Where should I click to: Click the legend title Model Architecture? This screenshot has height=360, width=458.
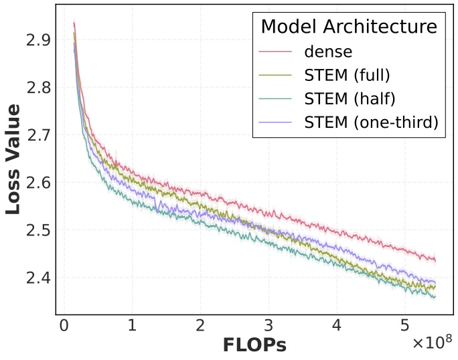348,27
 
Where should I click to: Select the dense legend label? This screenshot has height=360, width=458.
327,52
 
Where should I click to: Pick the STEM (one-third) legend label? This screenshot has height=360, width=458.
371,122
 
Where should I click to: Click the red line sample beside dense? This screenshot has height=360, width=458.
276,52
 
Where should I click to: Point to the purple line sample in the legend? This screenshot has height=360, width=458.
276,122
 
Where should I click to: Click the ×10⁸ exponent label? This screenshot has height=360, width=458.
432,343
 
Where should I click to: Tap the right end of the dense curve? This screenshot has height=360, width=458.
435,260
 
